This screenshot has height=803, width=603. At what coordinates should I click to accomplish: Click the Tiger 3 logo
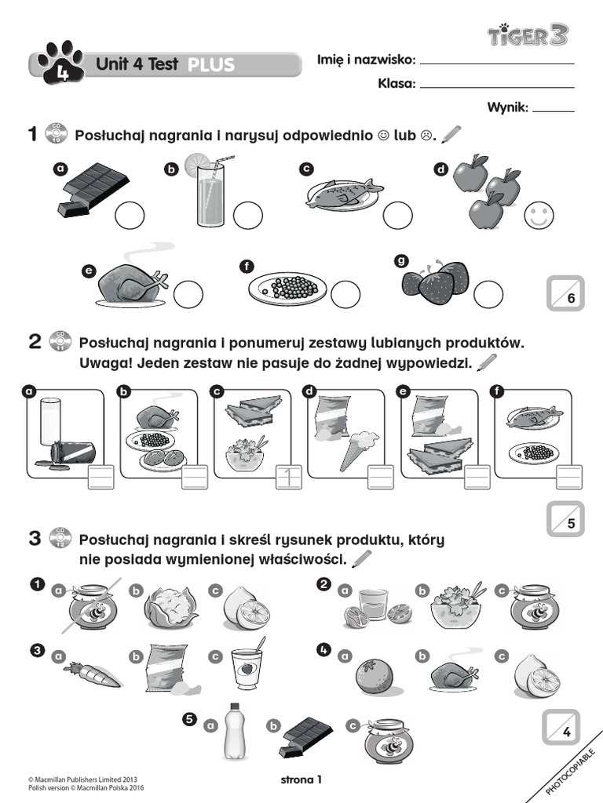pyautogui.click(x=528, y=35)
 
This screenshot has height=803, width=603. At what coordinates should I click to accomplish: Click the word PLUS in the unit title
pyautogui.click(x=210, y=65)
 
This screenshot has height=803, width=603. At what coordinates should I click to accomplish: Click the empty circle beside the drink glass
pyautogui.click(x=247, y=216)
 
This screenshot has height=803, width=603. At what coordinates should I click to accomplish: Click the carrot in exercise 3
pyautogui.click(x=91, y=673)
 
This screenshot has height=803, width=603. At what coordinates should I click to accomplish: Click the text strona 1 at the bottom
pyautogui.click(x=301, y=779)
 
